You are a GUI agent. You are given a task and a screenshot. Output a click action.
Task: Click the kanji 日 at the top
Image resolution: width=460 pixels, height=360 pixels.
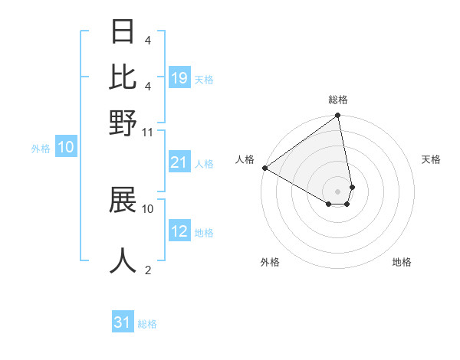pyautogui.click(x=123, y=31)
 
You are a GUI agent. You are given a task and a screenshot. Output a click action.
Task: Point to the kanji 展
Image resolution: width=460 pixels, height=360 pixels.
pyautogui.click(x=123, y=199)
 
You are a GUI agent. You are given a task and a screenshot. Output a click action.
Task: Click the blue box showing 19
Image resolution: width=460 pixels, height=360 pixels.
pyautogui.click(x=179, y=78)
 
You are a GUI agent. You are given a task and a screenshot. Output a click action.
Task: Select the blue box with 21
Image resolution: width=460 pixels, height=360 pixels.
pyautogui.click(x=179, y=162)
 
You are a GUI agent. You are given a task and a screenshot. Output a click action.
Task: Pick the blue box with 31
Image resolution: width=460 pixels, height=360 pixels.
pyautogui.click(x=123, y=322)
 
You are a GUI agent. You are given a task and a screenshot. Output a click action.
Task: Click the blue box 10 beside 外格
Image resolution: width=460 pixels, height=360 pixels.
pyautogui.click(x=66, y=148)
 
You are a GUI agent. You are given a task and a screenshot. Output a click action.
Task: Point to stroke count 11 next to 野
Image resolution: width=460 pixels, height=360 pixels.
pyautogui.click(x=148, y=133)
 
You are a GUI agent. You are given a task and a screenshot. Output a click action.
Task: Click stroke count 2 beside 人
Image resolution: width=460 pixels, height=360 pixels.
pyautogui.click(x=147, y=270)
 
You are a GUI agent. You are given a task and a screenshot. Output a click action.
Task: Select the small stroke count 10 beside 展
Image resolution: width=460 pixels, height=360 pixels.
pyautogui.click(x=148, y=208)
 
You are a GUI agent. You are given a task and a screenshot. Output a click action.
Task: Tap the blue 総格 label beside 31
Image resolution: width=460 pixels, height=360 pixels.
pyautogui.click(x=147, y=324)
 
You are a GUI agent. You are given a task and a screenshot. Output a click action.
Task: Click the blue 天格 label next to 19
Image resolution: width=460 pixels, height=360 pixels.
pyautogui.click(x=204, y=79)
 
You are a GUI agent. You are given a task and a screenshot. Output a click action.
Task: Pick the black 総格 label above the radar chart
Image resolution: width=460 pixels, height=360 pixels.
pyautogui.click(x=337, y=100)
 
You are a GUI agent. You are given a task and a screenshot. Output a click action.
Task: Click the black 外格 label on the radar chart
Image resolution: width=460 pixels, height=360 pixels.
pyautogui.click(x=270, y=262)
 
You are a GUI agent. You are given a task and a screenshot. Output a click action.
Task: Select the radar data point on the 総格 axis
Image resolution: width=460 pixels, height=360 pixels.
pyautogui.click(x=337, y=116)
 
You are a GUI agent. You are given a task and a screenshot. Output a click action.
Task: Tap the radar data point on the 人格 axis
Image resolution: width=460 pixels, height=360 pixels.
pyautogui.click(x=264, y=168)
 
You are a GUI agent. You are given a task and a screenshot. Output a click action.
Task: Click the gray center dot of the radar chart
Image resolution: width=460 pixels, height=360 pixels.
pyautogui.click(x=337, y=190)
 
